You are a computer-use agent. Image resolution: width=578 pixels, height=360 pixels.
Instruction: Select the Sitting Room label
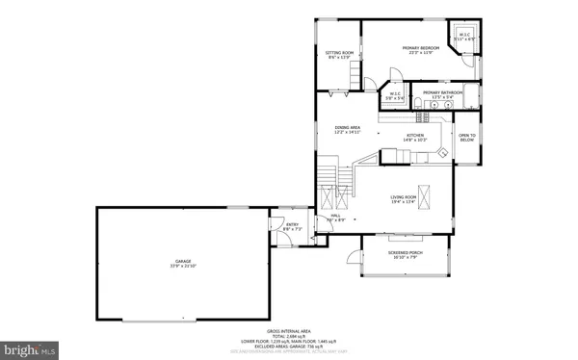click(339, 54)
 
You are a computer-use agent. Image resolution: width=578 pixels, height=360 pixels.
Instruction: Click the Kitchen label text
click(415, 138)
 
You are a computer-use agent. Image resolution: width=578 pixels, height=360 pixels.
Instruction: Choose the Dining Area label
click(347, 129)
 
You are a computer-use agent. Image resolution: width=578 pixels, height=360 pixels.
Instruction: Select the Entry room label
click(291, 227)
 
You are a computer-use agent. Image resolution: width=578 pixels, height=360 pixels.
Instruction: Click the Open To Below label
click(467, 138)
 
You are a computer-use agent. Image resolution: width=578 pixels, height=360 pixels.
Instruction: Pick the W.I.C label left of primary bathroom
click(395, 95)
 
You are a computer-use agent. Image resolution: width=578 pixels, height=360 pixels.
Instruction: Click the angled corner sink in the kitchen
click(441, 152)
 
